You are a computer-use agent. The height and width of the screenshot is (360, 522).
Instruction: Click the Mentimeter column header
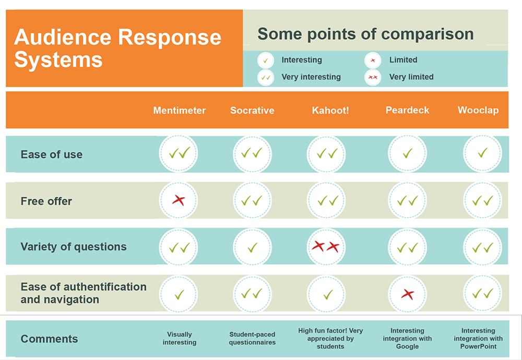(x=180, y=110)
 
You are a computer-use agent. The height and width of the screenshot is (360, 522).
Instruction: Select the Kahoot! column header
(x=330, y=110)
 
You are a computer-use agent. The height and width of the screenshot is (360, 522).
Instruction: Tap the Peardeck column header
(x=407, y=110)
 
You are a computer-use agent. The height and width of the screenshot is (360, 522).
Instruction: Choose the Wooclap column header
(x=478, y=110)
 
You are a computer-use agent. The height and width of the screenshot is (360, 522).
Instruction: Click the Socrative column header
(x=252, y=110)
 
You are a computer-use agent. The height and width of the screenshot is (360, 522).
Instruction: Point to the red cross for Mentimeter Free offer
(x=179, y=200)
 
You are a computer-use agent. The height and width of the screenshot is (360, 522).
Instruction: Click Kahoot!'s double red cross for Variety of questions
(x=326, y=247)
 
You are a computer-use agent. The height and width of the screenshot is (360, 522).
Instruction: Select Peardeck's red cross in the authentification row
(x=408, y=294)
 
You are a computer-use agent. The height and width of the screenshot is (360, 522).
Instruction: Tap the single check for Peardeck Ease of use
(x=408, y=153)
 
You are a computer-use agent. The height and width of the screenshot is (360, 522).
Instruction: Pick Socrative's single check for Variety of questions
(x=252, y=247)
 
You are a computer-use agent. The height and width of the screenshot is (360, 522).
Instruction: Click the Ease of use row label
(x=52, y=154)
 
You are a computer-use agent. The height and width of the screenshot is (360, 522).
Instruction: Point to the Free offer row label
(x=46, y=201)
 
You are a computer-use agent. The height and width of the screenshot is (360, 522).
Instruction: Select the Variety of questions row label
(x=74, y=247)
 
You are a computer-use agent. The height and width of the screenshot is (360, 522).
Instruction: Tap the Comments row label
(x=49, y=339)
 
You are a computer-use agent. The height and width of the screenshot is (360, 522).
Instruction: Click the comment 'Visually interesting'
(x=180, y=339)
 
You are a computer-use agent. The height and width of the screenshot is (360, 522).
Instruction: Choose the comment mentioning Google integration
(x=407, y=339)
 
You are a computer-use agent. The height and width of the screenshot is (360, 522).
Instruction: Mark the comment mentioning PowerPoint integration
(x=478, y=339)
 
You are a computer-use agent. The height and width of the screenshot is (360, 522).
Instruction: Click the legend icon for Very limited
(x=373, y=78)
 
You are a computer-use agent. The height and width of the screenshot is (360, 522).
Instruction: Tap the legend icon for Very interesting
(x=266, y=78)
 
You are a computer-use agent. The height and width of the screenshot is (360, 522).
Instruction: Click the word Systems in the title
(x=58, y=60)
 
